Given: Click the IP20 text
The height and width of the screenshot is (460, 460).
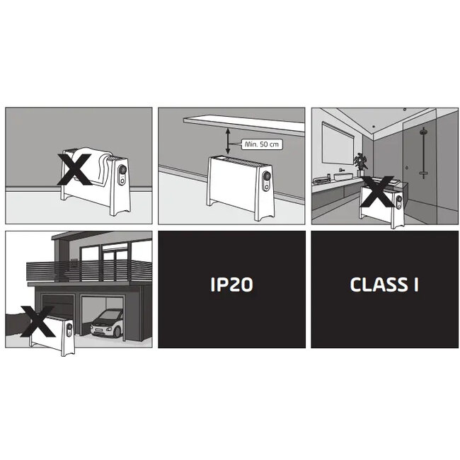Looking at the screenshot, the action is tap(231, 284).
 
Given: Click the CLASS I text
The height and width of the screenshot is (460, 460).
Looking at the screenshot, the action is tap(384, 284).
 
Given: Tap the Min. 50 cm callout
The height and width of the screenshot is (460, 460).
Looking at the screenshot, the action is tap(262, 144).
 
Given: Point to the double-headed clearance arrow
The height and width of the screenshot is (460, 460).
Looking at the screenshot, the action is tap(228, 142).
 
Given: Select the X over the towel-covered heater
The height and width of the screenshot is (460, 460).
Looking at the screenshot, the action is tap(74, 169).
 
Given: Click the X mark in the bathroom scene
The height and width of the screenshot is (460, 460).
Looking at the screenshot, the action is tap(378, 191).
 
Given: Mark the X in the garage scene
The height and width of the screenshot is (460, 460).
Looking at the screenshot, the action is tap(38, 321).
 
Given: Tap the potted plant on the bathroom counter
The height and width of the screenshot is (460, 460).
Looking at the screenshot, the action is tap(360, 165).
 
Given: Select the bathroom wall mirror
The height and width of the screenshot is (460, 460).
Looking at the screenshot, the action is tap(338, 143).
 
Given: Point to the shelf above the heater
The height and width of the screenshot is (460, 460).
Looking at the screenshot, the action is tap(244, 125).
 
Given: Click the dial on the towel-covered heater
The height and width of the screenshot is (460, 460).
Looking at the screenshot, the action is tap(122, 170).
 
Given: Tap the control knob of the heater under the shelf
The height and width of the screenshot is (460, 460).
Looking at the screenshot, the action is tap(266, 176).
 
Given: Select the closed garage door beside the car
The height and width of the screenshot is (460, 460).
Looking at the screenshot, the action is tap(57, 307).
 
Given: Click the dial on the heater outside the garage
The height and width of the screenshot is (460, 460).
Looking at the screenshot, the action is tap(69, 326).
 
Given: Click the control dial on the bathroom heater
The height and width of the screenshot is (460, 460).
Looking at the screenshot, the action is tap(399, 199).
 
